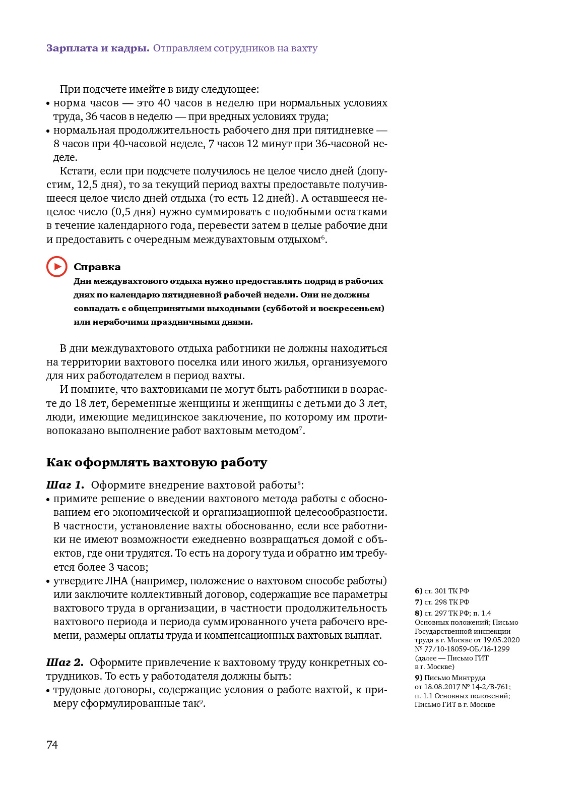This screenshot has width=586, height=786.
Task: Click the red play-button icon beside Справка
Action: (57, 267)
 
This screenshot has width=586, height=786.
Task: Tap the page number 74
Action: (52, 745)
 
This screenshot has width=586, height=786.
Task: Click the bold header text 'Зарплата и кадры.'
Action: (98, 48)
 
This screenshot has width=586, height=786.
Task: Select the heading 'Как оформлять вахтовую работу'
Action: (157, 462)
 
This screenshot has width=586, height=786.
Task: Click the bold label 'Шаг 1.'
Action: (65, 485)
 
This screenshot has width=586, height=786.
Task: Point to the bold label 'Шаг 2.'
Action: (65, 662)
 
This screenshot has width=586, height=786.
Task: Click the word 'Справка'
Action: (97, 267)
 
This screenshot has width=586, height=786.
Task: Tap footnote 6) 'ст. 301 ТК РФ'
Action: (442, 591)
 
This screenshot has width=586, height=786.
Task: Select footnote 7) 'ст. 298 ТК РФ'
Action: (442, 602)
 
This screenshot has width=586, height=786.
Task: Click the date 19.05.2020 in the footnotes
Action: (501, 640)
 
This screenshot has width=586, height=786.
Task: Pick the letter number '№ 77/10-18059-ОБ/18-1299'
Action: (462, 649)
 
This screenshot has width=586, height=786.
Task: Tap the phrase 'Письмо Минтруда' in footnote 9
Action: (454, 678)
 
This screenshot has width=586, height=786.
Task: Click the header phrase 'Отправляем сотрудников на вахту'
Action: (235, 48)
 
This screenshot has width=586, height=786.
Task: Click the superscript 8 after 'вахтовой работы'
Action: (299, 482)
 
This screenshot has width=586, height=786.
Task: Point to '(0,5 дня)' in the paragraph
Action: (133, 212)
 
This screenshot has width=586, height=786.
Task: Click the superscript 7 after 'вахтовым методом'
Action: (301, 428)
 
